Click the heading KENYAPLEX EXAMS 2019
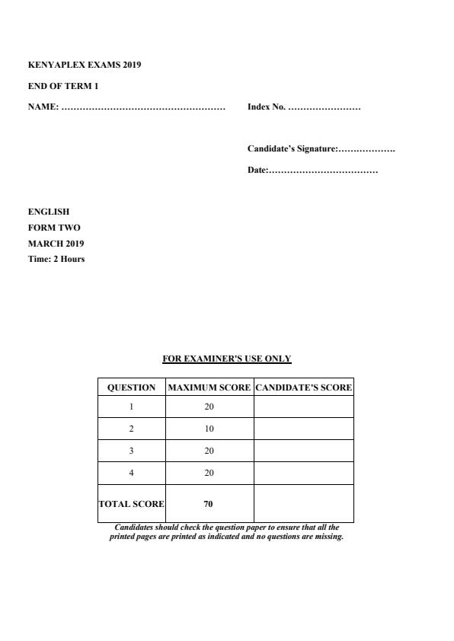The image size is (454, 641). (85, 65)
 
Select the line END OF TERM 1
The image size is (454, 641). (63, 86)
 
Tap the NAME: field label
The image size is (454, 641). (43, 107)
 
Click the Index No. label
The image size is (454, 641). (267, 107)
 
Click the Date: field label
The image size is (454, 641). (257, 170)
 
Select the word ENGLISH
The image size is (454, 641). (49, 212)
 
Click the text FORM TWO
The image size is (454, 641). (54, 228)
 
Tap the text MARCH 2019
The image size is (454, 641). (56, 244)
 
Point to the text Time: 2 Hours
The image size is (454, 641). (56, 260)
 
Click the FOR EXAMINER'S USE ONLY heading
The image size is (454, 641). (227, 359)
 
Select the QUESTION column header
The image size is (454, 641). (132, 387)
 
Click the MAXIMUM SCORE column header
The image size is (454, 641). (209, 387)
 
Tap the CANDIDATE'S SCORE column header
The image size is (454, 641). (303, 387)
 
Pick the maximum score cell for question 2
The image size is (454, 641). (209, 429)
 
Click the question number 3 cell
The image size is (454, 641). (132, 451)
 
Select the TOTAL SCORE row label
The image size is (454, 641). (132, 503)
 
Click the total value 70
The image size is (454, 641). (209, 503)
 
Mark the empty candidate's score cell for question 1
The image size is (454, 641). (303, 407)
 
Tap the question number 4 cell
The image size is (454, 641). (132, 473)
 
